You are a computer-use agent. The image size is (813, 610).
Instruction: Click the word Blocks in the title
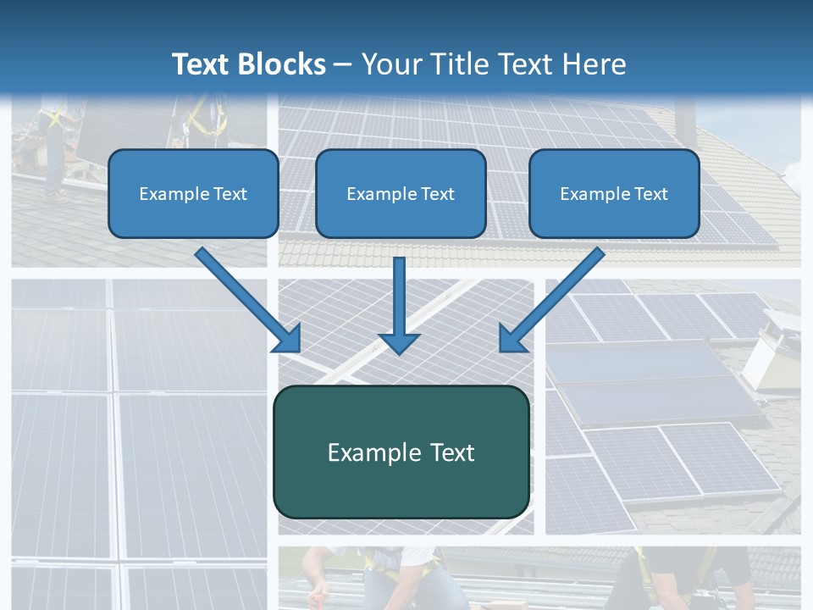(x=285, y=64)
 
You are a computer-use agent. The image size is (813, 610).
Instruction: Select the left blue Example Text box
(x=193, y=193)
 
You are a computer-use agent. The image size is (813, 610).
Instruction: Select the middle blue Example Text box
(x=401, y=193)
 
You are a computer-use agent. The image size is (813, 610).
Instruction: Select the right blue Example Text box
(x=614, y=193)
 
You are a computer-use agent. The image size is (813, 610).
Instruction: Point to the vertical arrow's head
(x=399, y=342)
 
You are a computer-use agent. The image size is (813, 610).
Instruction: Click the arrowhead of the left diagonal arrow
(x=288, y=340)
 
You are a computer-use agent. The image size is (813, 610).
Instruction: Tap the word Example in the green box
(x=362, y=452)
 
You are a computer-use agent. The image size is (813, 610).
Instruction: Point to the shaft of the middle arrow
(x=399, y=292)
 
